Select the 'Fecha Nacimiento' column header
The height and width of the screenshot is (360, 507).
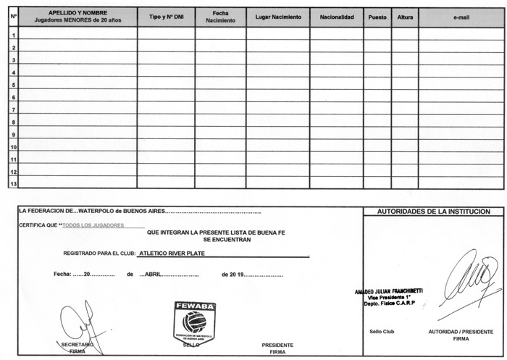(x=220, y=17)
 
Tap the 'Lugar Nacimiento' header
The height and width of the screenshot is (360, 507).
(x=278, y=17)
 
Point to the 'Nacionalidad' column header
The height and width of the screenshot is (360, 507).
(x=336, y=17)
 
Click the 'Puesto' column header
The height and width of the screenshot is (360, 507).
(x=377, y=17)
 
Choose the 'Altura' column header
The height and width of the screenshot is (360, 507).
(x=404, y=17)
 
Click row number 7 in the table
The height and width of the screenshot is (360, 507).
(x=13, y=109)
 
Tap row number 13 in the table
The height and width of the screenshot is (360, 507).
(x=13, y=183)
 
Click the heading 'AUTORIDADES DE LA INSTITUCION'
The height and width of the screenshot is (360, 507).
(x=433, y=212)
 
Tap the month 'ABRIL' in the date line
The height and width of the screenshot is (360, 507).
(x=151, y=275)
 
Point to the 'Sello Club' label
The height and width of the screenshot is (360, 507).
(x=381, y=331)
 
